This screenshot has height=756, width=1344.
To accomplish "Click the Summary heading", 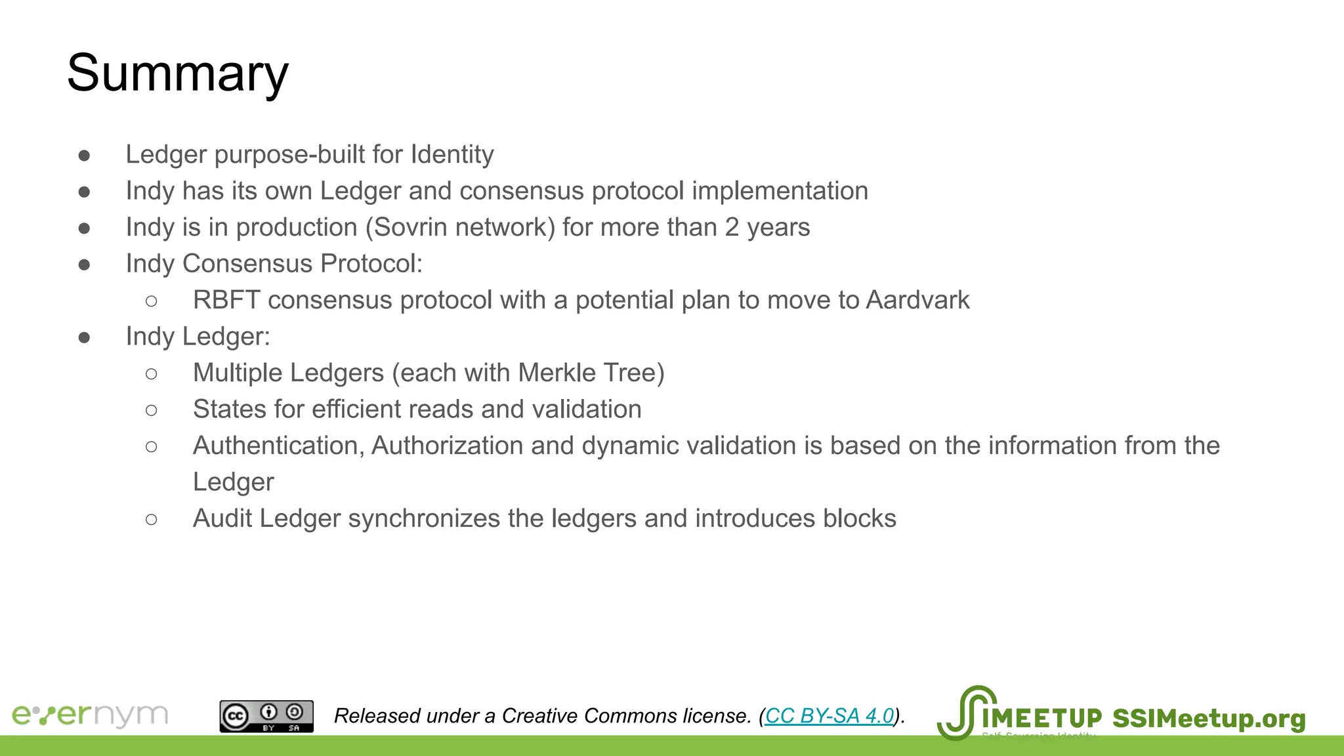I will [177, 73].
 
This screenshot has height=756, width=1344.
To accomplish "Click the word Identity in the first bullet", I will [452, 155].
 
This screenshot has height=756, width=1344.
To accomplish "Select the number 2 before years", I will [732, 228].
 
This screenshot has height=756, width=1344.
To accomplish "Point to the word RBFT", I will [226, 301].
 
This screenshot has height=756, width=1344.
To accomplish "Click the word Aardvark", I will [917, 301].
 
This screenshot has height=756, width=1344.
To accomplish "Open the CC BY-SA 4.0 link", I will [829, 716].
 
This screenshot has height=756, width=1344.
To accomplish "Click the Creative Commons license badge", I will [266, 717].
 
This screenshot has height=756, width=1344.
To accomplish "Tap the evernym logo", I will [90, 715].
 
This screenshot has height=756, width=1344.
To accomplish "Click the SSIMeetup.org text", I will [1209, 719].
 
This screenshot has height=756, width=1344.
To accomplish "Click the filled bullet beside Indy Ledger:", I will [84, 338].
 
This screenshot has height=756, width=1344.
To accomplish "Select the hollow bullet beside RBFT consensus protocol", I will [152, 301].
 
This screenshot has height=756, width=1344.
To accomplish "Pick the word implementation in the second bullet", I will [780, 192].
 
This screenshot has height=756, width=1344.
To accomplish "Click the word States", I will [229, 409].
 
